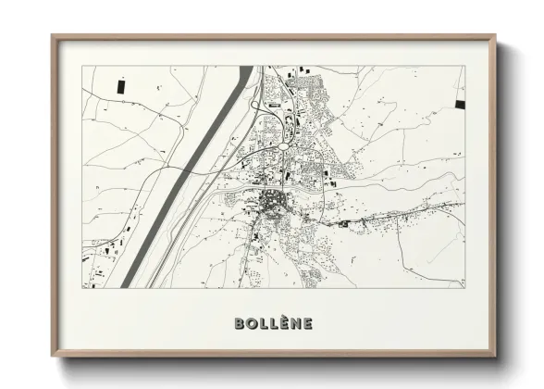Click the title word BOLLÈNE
point(274,324)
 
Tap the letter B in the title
point(241,324)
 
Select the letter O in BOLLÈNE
point(253,324)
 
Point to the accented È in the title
point(284,323)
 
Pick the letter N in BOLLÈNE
point(295,324)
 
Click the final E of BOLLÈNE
point(306,324)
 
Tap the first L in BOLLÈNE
point(264,324)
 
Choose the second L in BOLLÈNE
point(274,324)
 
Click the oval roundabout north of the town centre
point(280,145)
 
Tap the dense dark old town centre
point(274,201)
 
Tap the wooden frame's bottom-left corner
point(54,357)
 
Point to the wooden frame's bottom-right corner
point(497,357)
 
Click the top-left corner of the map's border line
point(82,67)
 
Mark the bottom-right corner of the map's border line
point(464,287)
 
